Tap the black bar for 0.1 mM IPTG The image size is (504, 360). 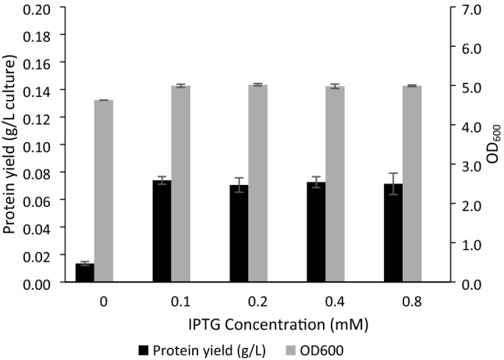click(x=161, y=232)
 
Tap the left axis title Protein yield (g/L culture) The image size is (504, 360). click(x=11, y=146)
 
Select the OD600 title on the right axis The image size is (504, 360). click(x=493, y=146)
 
